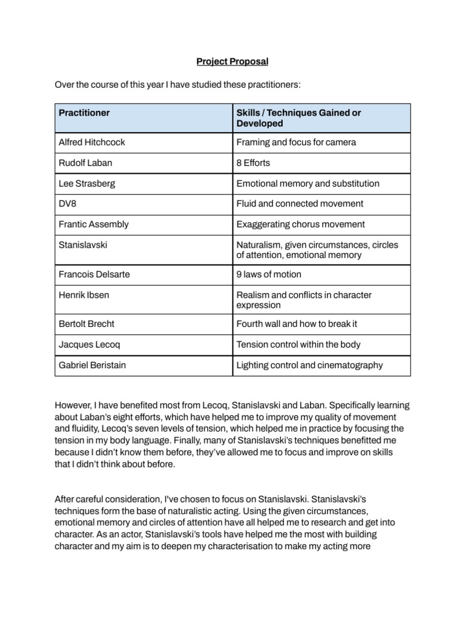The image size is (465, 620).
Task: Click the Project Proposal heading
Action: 232,62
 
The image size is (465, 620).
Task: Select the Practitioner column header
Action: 84,113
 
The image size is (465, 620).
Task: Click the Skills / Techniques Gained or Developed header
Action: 298,118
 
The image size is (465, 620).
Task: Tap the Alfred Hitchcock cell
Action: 91,142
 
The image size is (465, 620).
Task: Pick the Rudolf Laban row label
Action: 85,163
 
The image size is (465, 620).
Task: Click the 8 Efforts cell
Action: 253,163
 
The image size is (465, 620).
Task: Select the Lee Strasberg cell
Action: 86,183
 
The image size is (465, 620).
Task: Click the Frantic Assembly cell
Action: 93,224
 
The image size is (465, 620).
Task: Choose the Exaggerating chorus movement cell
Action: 300,224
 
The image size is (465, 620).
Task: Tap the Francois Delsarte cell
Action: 94,274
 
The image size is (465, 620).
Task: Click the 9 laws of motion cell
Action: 268,274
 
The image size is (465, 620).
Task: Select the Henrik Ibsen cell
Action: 84,295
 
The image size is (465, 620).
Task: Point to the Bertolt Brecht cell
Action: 86,324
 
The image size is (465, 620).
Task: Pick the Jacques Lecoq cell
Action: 87,345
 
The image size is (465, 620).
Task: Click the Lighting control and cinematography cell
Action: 309,365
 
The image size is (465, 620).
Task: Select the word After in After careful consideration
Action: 65,500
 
